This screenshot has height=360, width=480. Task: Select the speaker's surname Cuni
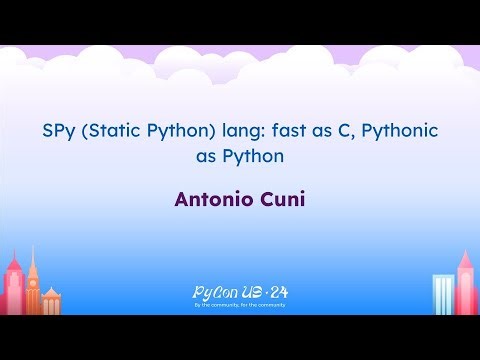[x=283, y=198]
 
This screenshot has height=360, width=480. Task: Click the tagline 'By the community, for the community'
[x=240, y=304]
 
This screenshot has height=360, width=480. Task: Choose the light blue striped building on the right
[x=443, y=295]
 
